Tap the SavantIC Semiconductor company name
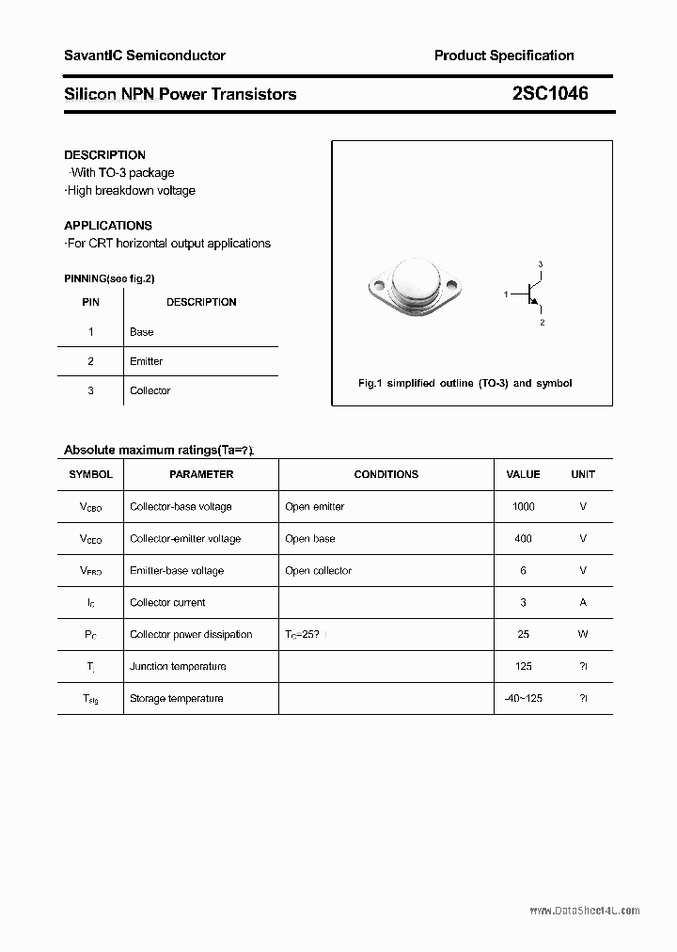145,56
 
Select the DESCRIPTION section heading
104,155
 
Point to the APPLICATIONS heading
108,226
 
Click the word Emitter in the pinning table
146,361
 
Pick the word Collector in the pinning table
150,390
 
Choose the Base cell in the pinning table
141,332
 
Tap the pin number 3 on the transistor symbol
541,264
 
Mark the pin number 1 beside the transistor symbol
506,295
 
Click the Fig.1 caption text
465,383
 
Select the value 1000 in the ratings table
524,506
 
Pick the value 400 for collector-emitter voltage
524,539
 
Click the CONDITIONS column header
386,475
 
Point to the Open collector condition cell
318,571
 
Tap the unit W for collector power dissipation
583,635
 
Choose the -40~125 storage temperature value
524,699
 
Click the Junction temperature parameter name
178,667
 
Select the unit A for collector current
583,603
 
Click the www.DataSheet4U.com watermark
584,911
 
